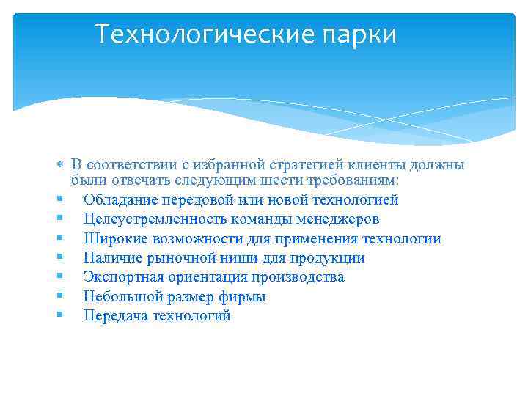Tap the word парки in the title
click(x=362, y=34)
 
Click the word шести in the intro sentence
click(x=288, y=180)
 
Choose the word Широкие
click(x=111, y=238)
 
